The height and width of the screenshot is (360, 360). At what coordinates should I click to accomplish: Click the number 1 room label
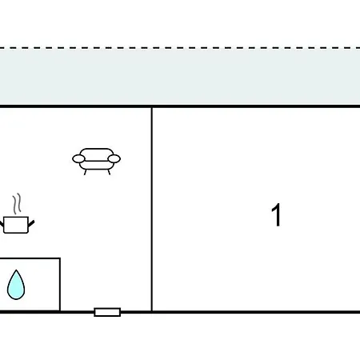pos(277,215)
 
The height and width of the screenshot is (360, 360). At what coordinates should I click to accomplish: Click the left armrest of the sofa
pos(78,159)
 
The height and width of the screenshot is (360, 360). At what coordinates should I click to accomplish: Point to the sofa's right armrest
pos(114,158)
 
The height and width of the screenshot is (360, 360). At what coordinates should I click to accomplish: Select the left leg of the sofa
pos(86,172)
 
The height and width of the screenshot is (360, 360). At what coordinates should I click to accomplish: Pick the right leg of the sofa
pos(109,172)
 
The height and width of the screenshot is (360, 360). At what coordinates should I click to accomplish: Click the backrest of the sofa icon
pos(97,154)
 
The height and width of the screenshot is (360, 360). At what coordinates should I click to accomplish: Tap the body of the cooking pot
pos(16,225)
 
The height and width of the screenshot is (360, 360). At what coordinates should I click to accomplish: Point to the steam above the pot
pos(17,203)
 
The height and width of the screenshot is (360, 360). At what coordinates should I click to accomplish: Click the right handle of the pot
pos(31,223)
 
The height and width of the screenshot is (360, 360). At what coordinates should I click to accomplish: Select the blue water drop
pos(16,285)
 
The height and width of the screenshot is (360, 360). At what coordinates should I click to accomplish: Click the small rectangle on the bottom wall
pos(107,312)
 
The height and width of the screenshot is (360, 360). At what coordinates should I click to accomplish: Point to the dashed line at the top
pos(180,48)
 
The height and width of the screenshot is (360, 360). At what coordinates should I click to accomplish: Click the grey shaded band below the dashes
pos(180,77)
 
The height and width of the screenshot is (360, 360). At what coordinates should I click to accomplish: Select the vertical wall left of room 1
pos(152,210)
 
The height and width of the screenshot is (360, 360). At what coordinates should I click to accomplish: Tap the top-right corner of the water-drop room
pos(60,258)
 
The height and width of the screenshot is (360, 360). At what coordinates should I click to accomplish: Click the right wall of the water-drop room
pos(60,284)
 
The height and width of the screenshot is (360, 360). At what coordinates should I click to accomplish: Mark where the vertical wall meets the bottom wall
pos(152,312)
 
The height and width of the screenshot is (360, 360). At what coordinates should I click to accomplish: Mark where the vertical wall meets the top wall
pos(152,106)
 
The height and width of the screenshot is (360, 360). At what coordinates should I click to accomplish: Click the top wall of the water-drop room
pos(30,258)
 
